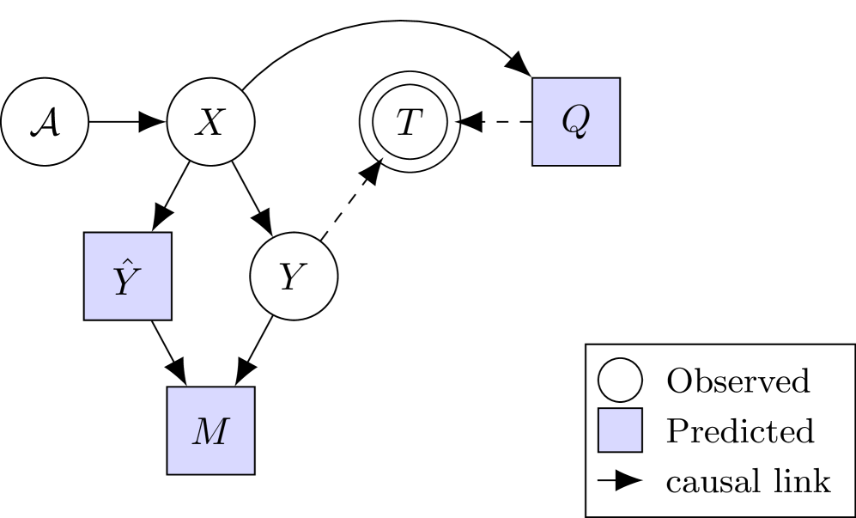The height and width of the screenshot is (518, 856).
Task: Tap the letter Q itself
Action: point(575,120)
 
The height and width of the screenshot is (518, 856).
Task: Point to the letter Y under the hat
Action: point(126,283)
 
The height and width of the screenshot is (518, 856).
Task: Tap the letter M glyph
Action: point(210,431)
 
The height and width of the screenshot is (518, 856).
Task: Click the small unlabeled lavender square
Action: point(620,430)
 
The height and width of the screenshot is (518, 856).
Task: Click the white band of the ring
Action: point(410,79)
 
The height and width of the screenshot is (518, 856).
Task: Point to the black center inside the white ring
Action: point(410,121)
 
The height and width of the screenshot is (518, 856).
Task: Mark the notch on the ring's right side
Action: point(457,122)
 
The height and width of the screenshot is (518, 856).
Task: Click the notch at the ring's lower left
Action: point(380,158)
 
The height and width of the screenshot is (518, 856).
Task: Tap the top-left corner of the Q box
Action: point(534,80)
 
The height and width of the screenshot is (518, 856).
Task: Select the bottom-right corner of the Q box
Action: point(618,163)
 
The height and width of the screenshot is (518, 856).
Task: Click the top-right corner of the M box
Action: point(252,389)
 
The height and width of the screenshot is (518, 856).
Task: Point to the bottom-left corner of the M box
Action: point(169,472)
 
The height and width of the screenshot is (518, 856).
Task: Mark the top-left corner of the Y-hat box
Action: point(86,235)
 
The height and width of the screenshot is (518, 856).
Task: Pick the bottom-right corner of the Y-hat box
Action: point(169,317)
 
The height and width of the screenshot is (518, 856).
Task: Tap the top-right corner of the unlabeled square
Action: point(640,411)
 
